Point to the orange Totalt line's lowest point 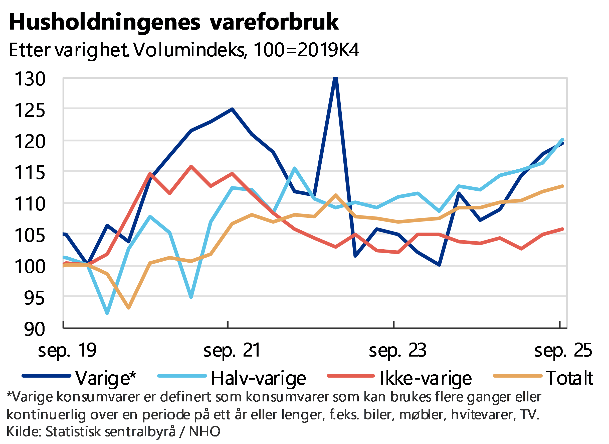(129, 308)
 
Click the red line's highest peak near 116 (191, 166)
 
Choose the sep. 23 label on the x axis (398, 351)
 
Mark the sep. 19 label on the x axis (67, 351)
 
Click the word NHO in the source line (205, 432)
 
